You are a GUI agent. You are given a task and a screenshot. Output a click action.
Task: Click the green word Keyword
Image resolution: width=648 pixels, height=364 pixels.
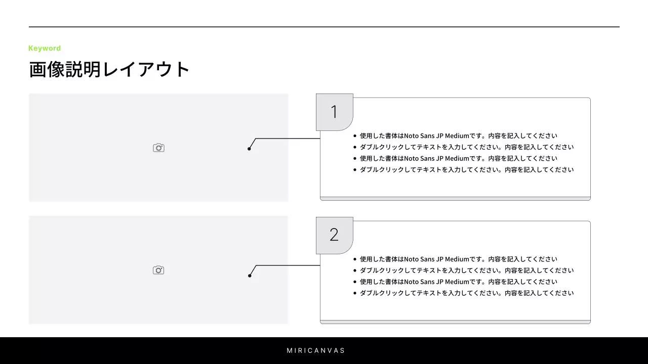[45, 49]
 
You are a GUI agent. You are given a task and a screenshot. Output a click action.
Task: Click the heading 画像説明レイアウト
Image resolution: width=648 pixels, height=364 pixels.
[109, 70]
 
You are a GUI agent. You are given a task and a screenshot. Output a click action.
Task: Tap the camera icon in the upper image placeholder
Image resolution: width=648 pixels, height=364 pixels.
[158, 148]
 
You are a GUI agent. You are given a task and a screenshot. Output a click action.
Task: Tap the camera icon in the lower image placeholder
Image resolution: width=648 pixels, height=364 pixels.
[158, 270]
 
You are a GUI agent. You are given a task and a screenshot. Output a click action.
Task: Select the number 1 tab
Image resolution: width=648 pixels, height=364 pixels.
[334, 112]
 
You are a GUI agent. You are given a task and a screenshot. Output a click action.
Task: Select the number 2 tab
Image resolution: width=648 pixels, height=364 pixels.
[334, 235]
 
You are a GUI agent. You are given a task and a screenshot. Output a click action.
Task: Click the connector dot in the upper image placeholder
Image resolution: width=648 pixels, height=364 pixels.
[249, 149]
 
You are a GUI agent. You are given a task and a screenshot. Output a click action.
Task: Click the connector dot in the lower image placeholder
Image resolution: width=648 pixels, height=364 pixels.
[250, 276]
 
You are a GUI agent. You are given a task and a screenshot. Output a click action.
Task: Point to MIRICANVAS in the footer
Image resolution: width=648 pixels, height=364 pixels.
[316, 350]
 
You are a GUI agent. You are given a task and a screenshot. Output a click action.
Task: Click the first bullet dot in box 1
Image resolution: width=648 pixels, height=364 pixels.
[355, 136]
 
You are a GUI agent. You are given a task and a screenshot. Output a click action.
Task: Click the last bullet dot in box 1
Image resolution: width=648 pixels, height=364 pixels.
[355, 170]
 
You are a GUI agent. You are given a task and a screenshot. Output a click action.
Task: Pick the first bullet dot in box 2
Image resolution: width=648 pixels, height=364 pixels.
[355, 259]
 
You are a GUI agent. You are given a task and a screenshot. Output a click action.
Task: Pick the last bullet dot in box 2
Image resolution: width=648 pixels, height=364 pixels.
[355, 293]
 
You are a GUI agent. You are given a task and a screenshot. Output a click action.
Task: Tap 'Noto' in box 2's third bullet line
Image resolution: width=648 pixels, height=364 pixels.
[411, 282]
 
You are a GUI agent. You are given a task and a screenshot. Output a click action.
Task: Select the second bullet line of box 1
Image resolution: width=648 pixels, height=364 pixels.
[466, 147]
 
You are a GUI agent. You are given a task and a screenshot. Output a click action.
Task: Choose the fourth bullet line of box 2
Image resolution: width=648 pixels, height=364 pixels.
[466, 293]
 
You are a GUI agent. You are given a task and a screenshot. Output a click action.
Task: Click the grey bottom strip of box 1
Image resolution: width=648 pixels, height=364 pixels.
[455, 199]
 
